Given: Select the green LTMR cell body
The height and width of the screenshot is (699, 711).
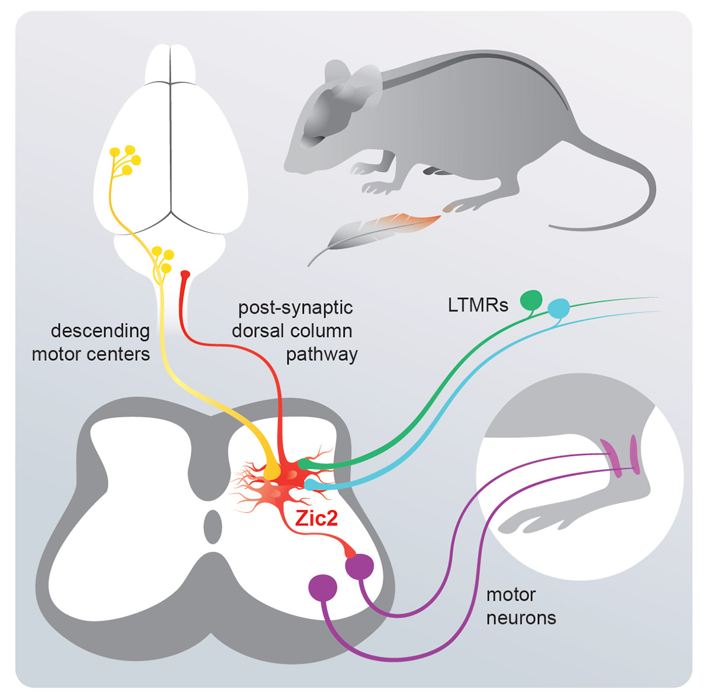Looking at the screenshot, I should (531, 300).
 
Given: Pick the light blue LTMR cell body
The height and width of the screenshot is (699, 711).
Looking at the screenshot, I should (558, 308).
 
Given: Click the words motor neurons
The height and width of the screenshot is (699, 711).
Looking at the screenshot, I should (521, 606).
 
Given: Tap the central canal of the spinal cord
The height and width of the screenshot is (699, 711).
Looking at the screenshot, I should (212, 527).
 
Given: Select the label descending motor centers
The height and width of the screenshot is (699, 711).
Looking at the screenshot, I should (91, 342).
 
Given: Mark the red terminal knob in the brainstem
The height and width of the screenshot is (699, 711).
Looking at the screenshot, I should (185, 274).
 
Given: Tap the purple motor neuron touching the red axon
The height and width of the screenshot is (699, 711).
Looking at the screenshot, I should (360, 567).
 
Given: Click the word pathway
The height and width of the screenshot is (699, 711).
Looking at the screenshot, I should (322, 354).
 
